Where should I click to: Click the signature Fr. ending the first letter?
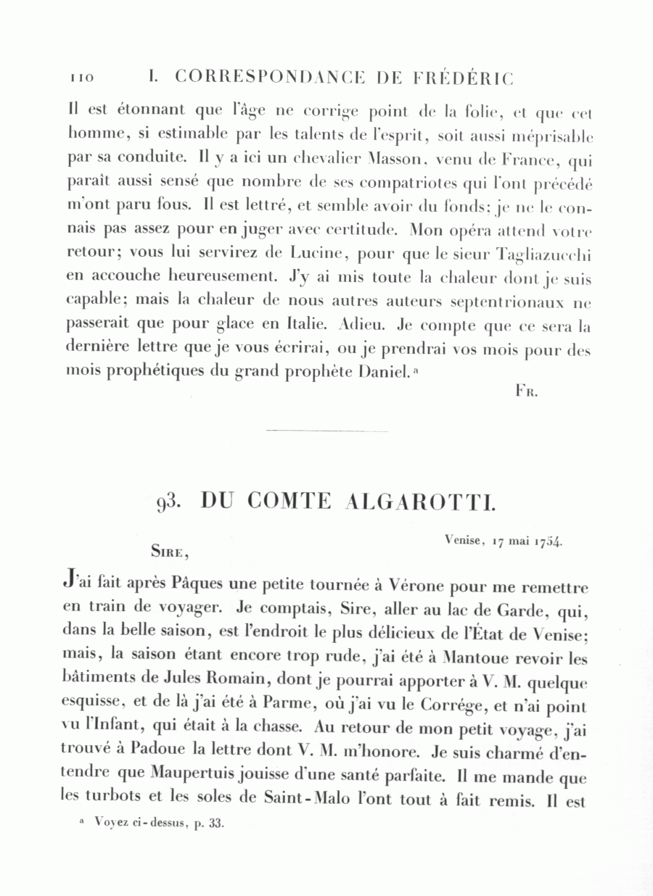525,391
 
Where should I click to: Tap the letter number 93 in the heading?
170,502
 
